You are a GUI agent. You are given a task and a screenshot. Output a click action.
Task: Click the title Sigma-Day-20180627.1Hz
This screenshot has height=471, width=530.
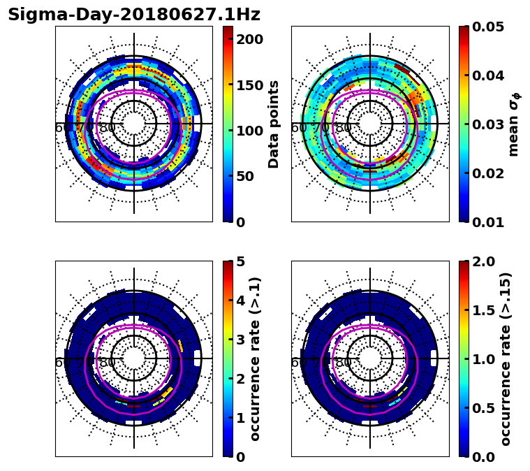point(134,15)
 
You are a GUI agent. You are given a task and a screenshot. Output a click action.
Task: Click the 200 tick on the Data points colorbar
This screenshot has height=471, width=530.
point(249,39)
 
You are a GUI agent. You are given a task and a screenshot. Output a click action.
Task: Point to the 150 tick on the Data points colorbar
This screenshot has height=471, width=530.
point(249,85)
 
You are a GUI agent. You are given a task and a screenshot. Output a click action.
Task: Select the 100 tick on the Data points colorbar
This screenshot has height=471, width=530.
point(249,131)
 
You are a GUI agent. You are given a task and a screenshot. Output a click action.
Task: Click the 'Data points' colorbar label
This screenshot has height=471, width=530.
point(274,124)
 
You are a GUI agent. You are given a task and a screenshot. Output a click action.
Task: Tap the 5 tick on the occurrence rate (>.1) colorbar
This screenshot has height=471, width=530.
point(241,261)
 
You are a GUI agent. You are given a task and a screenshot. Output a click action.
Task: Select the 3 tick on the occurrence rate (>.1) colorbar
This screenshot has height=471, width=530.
point(241,340)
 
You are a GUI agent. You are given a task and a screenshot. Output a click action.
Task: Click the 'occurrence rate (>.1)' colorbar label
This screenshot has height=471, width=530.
point(256,358)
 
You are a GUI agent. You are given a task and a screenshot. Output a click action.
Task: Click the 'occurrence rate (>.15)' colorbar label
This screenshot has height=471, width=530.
point(506,358)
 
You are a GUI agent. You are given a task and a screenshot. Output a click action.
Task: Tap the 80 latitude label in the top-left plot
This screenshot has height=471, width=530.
point(108,128)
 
